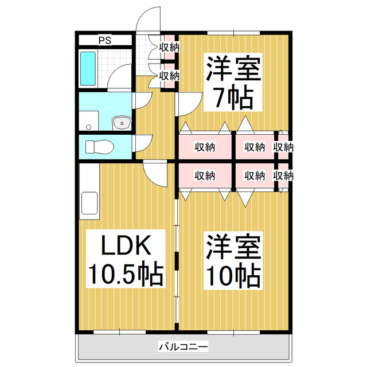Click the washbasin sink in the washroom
(x=122, y=123)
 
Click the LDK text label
(x=126, y=247)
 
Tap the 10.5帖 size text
(x=126, y=275)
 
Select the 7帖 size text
(x=233, y=100)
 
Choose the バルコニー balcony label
(x=182, y=346)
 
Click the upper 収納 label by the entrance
(x=169, y=48)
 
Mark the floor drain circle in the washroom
(x=88, y=126)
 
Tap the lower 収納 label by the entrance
(x=169, y=75)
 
